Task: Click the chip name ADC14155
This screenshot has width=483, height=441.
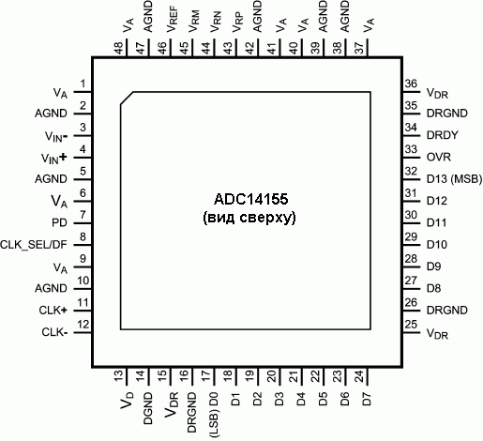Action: [x=250, y=199]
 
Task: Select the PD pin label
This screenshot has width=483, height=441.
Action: [x=59, y=222]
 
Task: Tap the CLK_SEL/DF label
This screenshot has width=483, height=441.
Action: [x=34, y=245]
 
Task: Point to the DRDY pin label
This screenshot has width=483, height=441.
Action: [x=443, y=135]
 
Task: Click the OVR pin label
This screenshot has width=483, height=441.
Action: [x=439, y=157]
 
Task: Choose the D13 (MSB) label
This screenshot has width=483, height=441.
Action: [x=454, y=179]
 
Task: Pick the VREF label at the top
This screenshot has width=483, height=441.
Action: [x=173, y=20]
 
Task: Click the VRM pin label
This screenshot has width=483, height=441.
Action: [x=194, y=22]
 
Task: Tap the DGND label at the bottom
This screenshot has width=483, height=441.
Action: [x=148, y=408]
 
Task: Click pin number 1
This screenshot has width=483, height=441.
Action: [x=83, y=84]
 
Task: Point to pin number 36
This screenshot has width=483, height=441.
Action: [x=411, y=84]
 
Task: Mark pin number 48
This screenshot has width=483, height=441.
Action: [x=119, y=49]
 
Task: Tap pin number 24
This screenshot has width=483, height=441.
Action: [x=360, y=376]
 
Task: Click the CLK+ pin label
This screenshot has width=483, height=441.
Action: [x=53, y=311]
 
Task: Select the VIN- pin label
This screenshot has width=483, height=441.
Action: [x=56, y=137]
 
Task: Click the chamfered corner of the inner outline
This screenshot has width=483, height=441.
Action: [x=127, y=99]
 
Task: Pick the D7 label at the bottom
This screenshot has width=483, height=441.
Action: [x=367, y=399]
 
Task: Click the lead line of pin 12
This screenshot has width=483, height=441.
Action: [x=83, y=332]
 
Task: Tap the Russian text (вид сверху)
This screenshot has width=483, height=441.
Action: [x=249, y=218]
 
